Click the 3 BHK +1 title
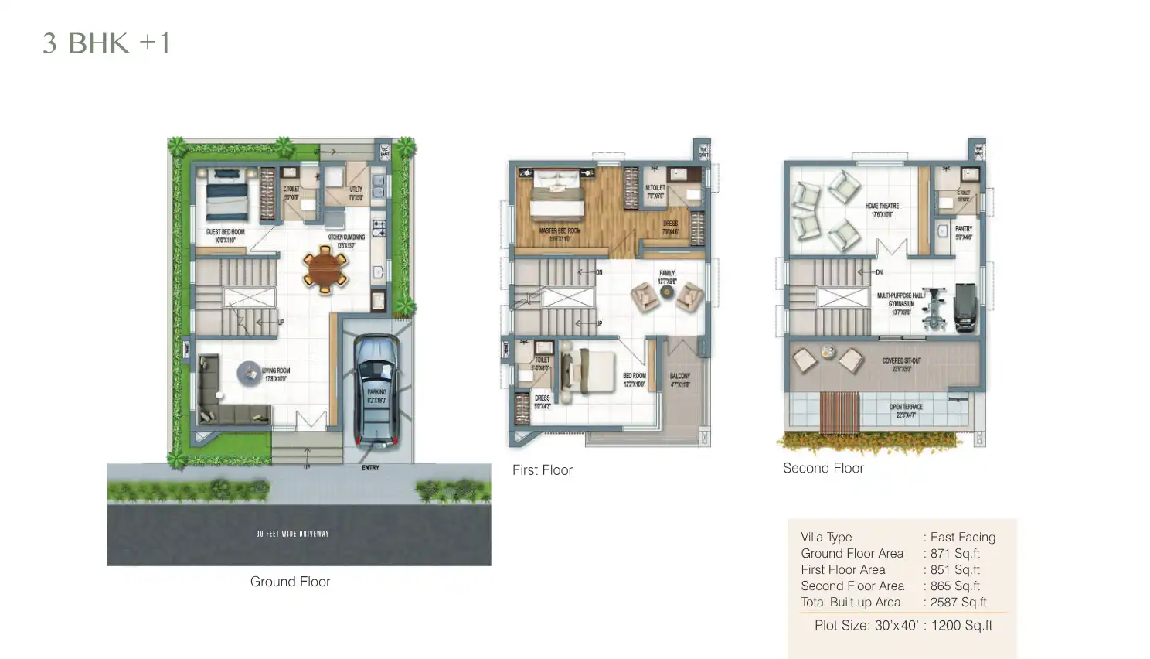[106, 43]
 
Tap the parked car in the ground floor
[376, 391]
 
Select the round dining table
[325, 269]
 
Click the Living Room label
[276, 374]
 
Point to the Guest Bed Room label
[225, 235]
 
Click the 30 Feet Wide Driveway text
[292, 534]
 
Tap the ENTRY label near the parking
[370, 468]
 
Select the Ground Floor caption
[290, 582]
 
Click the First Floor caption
[542, 470]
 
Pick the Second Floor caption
[823, 468]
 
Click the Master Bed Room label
[560, 234]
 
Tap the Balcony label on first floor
[680, 379]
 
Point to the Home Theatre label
[882, 210]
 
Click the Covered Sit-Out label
[901, 364]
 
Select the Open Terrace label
[906, 411]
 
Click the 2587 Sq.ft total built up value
[958, 602]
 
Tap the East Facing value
[962, 537]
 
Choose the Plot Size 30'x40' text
[866, 625]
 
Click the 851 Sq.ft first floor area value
[954, 569]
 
